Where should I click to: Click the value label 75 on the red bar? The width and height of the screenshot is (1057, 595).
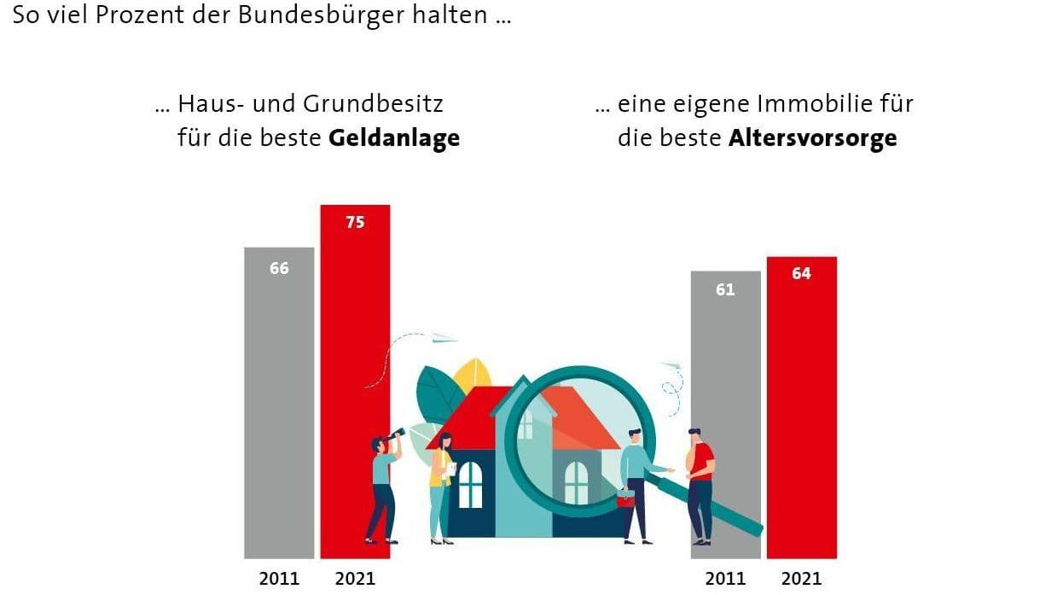pos(355,222)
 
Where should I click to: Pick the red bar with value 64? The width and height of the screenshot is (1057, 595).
pos(801,410)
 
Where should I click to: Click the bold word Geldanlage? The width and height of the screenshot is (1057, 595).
pos(393,138)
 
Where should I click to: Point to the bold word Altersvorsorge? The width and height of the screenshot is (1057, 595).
pos(812,138)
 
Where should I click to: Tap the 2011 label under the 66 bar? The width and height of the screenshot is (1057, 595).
pos(280,579)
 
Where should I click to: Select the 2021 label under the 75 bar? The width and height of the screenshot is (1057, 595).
pos(355,579)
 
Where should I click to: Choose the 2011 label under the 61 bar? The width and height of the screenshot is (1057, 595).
pos(726,579)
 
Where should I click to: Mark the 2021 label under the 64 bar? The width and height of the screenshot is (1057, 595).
pos(801,579)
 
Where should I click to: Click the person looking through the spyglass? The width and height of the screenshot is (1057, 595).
pos(382,487)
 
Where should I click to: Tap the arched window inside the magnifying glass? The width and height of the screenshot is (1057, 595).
pos(577,482)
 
